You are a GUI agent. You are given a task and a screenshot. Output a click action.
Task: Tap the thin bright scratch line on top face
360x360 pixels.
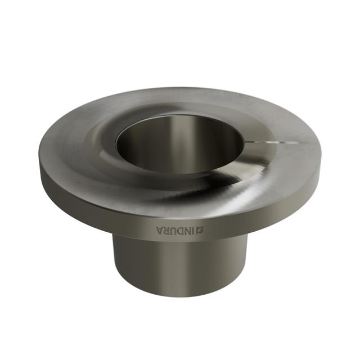(276, 142)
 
